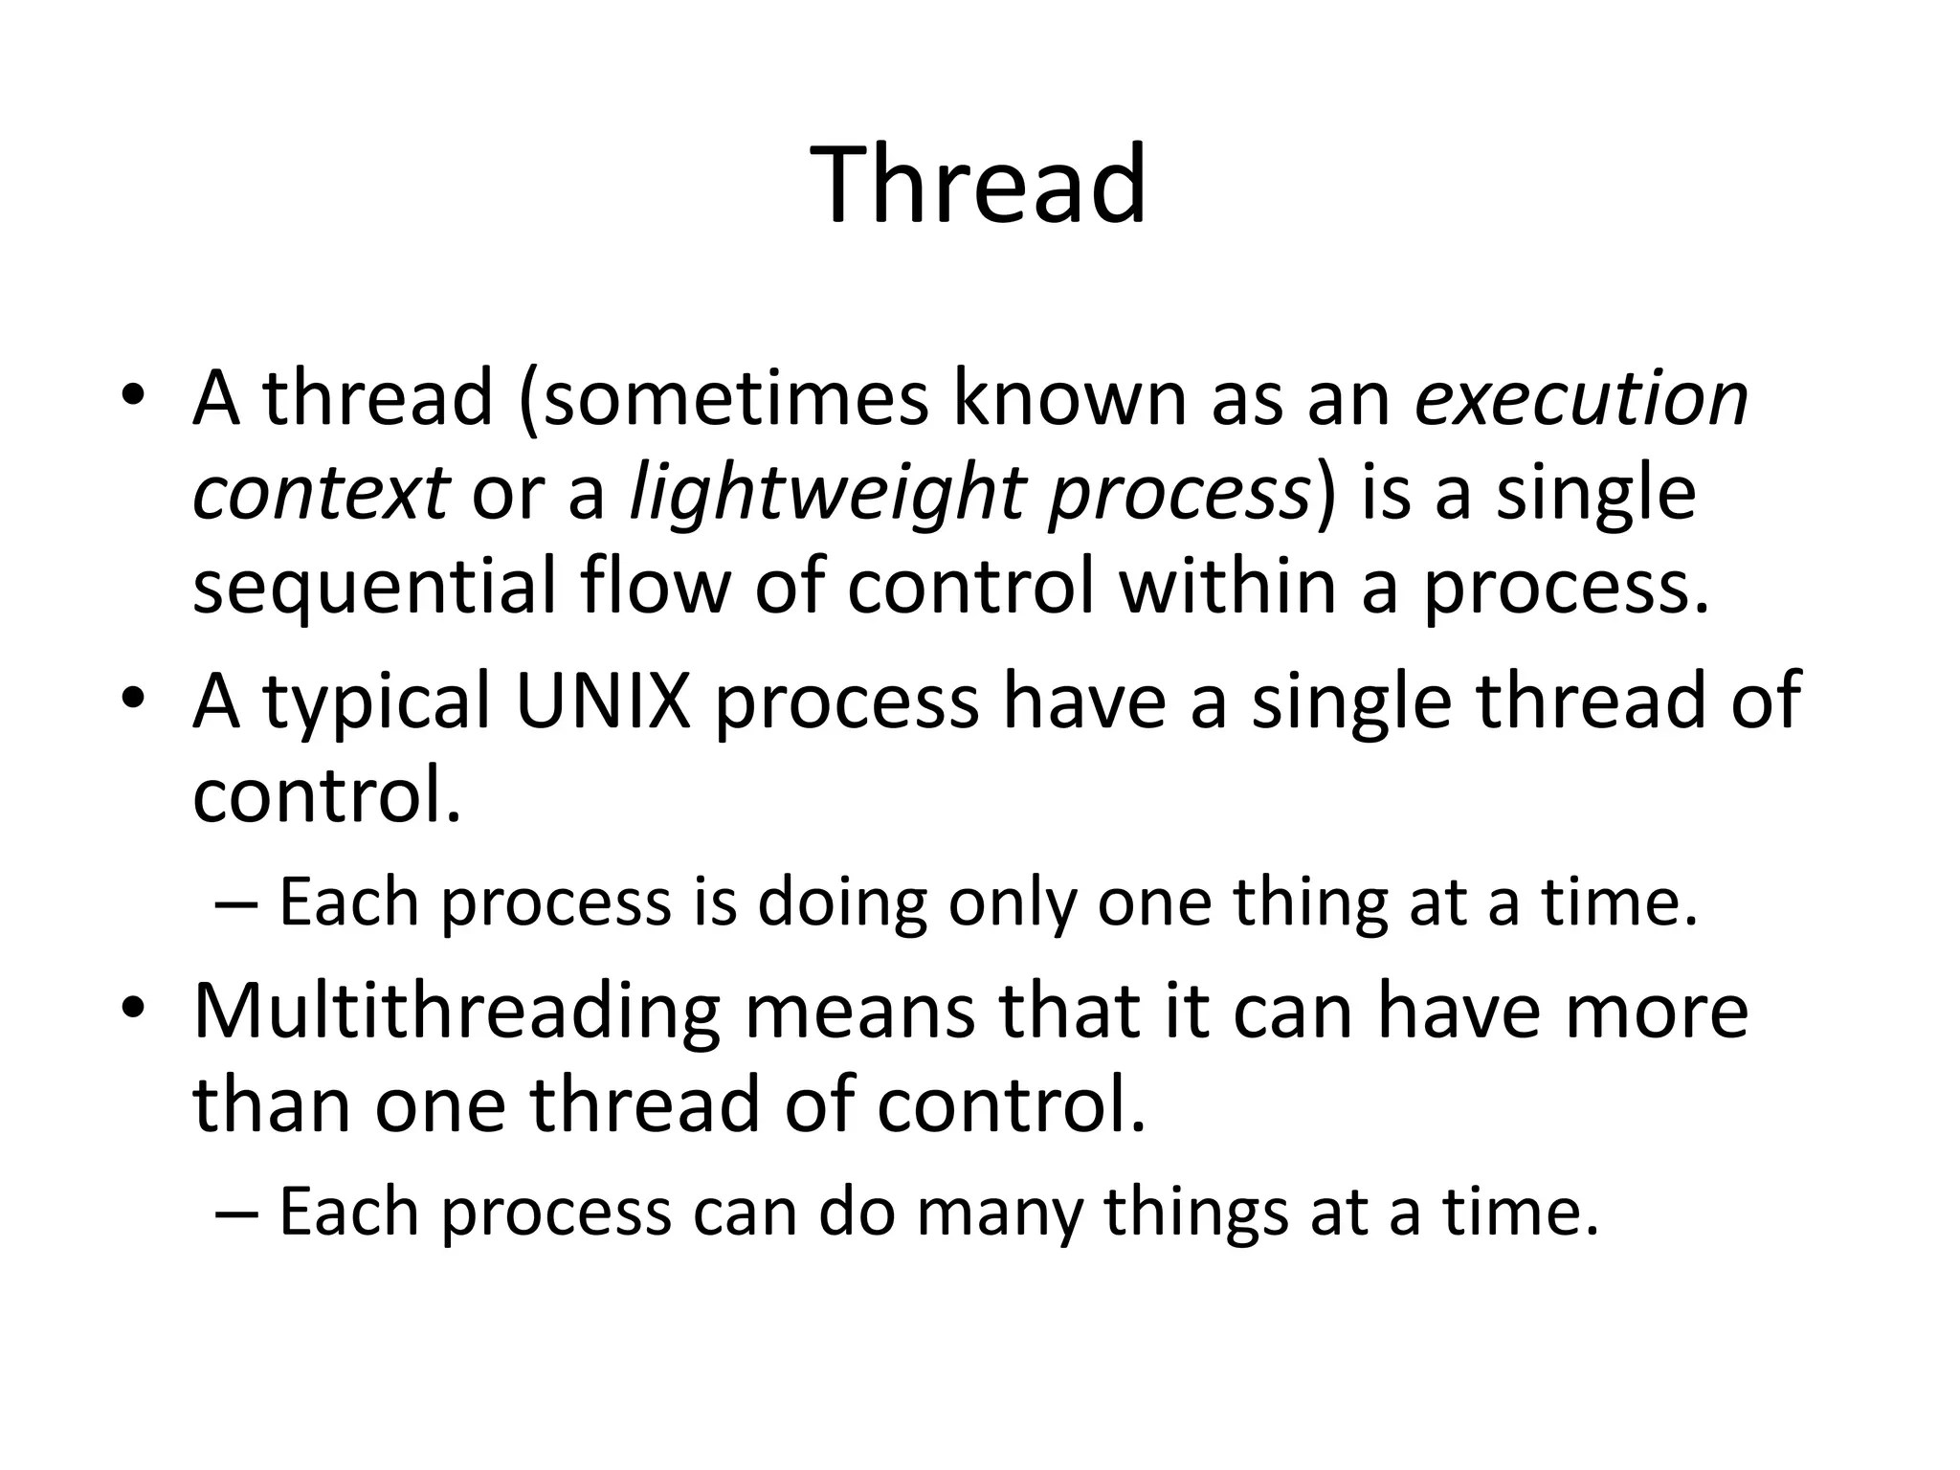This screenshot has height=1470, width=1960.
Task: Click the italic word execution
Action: click(1581, 399)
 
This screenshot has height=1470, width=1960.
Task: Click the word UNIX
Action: click(602, 701)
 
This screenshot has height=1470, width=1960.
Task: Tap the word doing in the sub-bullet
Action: click(841, 902)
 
